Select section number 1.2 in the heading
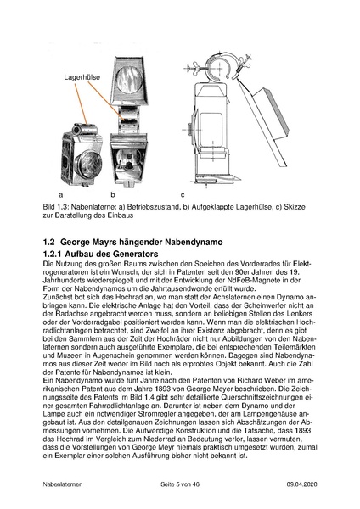pos(49,240)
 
